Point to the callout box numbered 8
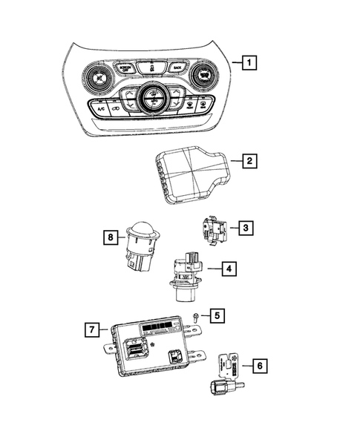111,238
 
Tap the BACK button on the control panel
176,68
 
